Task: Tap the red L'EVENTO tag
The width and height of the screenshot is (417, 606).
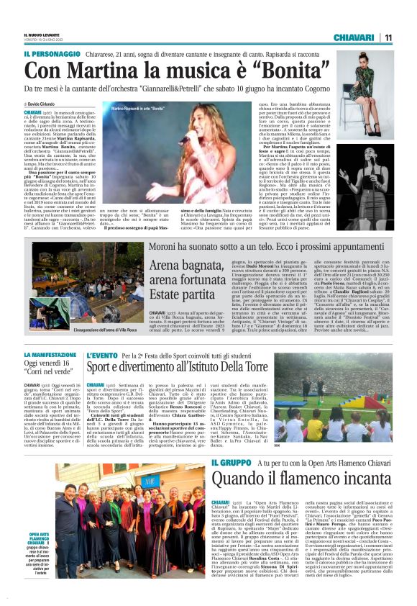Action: pos(101,356)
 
